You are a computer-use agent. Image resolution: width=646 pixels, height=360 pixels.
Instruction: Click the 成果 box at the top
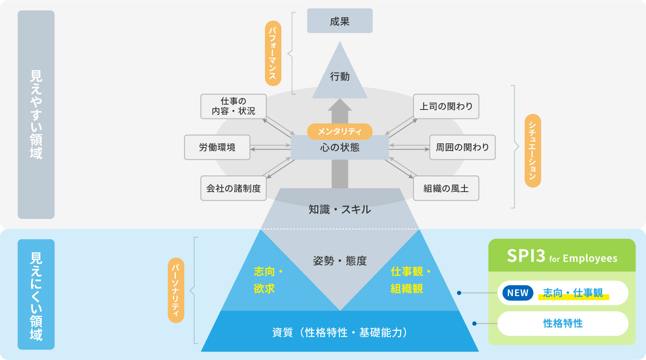(x=340, y=21)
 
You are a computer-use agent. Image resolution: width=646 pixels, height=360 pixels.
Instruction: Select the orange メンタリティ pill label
(x=340, y=131)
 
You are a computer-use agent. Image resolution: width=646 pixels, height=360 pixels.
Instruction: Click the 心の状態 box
(x=340, y=148)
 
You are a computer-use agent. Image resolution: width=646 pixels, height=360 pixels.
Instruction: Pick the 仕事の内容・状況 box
(x=233, y=106)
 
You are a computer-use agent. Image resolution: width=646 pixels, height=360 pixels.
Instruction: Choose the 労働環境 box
(x=217, y=147)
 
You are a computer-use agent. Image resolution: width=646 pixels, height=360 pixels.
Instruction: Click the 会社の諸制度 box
(x=233, y=188)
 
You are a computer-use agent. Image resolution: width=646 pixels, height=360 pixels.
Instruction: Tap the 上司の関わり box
(x=446, y=106)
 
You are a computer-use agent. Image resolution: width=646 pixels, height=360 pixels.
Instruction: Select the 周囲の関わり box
(x=462, y=147)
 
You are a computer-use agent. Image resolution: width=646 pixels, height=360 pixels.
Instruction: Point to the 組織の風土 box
(x=446, y=188)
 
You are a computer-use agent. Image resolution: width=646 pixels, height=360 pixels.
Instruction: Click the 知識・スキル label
(x=340, y=210)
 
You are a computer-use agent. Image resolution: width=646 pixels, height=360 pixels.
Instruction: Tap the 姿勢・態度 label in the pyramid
(x=340, y=261)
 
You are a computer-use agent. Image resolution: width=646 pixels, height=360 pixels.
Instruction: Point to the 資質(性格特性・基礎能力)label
(x=340, y=333)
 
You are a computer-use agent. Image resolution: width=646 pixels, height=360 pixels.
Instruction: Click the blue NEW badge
(x=518, y=293)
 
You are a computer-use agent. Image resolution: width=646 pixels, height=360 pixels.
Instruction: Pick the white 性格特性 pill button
(x=563, y=324)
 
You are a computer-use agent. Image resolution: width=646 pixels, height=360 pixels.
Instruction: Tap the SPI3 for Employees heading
(x=562, y=256)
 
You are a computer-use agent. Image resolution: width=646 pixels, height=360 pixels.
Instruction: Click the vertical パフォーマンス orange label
(x=273, y=53)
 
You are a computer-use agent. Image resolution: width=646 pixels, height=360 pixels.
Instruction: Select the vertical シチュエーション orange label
(x=532, y=151)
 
